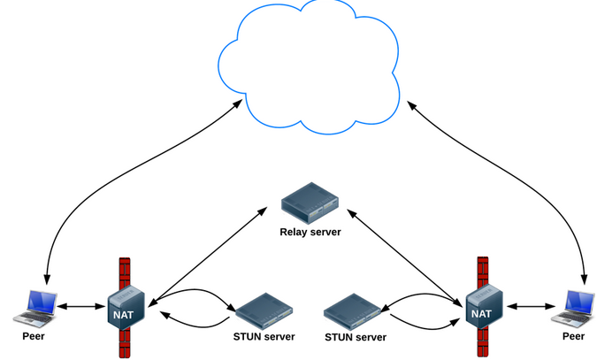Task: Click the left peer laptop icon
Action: click(x=34, y=306)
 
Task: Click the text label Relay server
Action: click(x=310, y=233)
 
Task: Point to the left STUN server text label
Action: click(x=264, y=337)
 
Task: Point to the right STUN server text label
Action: click(x=356, y=337)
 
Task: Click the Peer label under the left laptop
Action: click(x=34, y=337)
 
